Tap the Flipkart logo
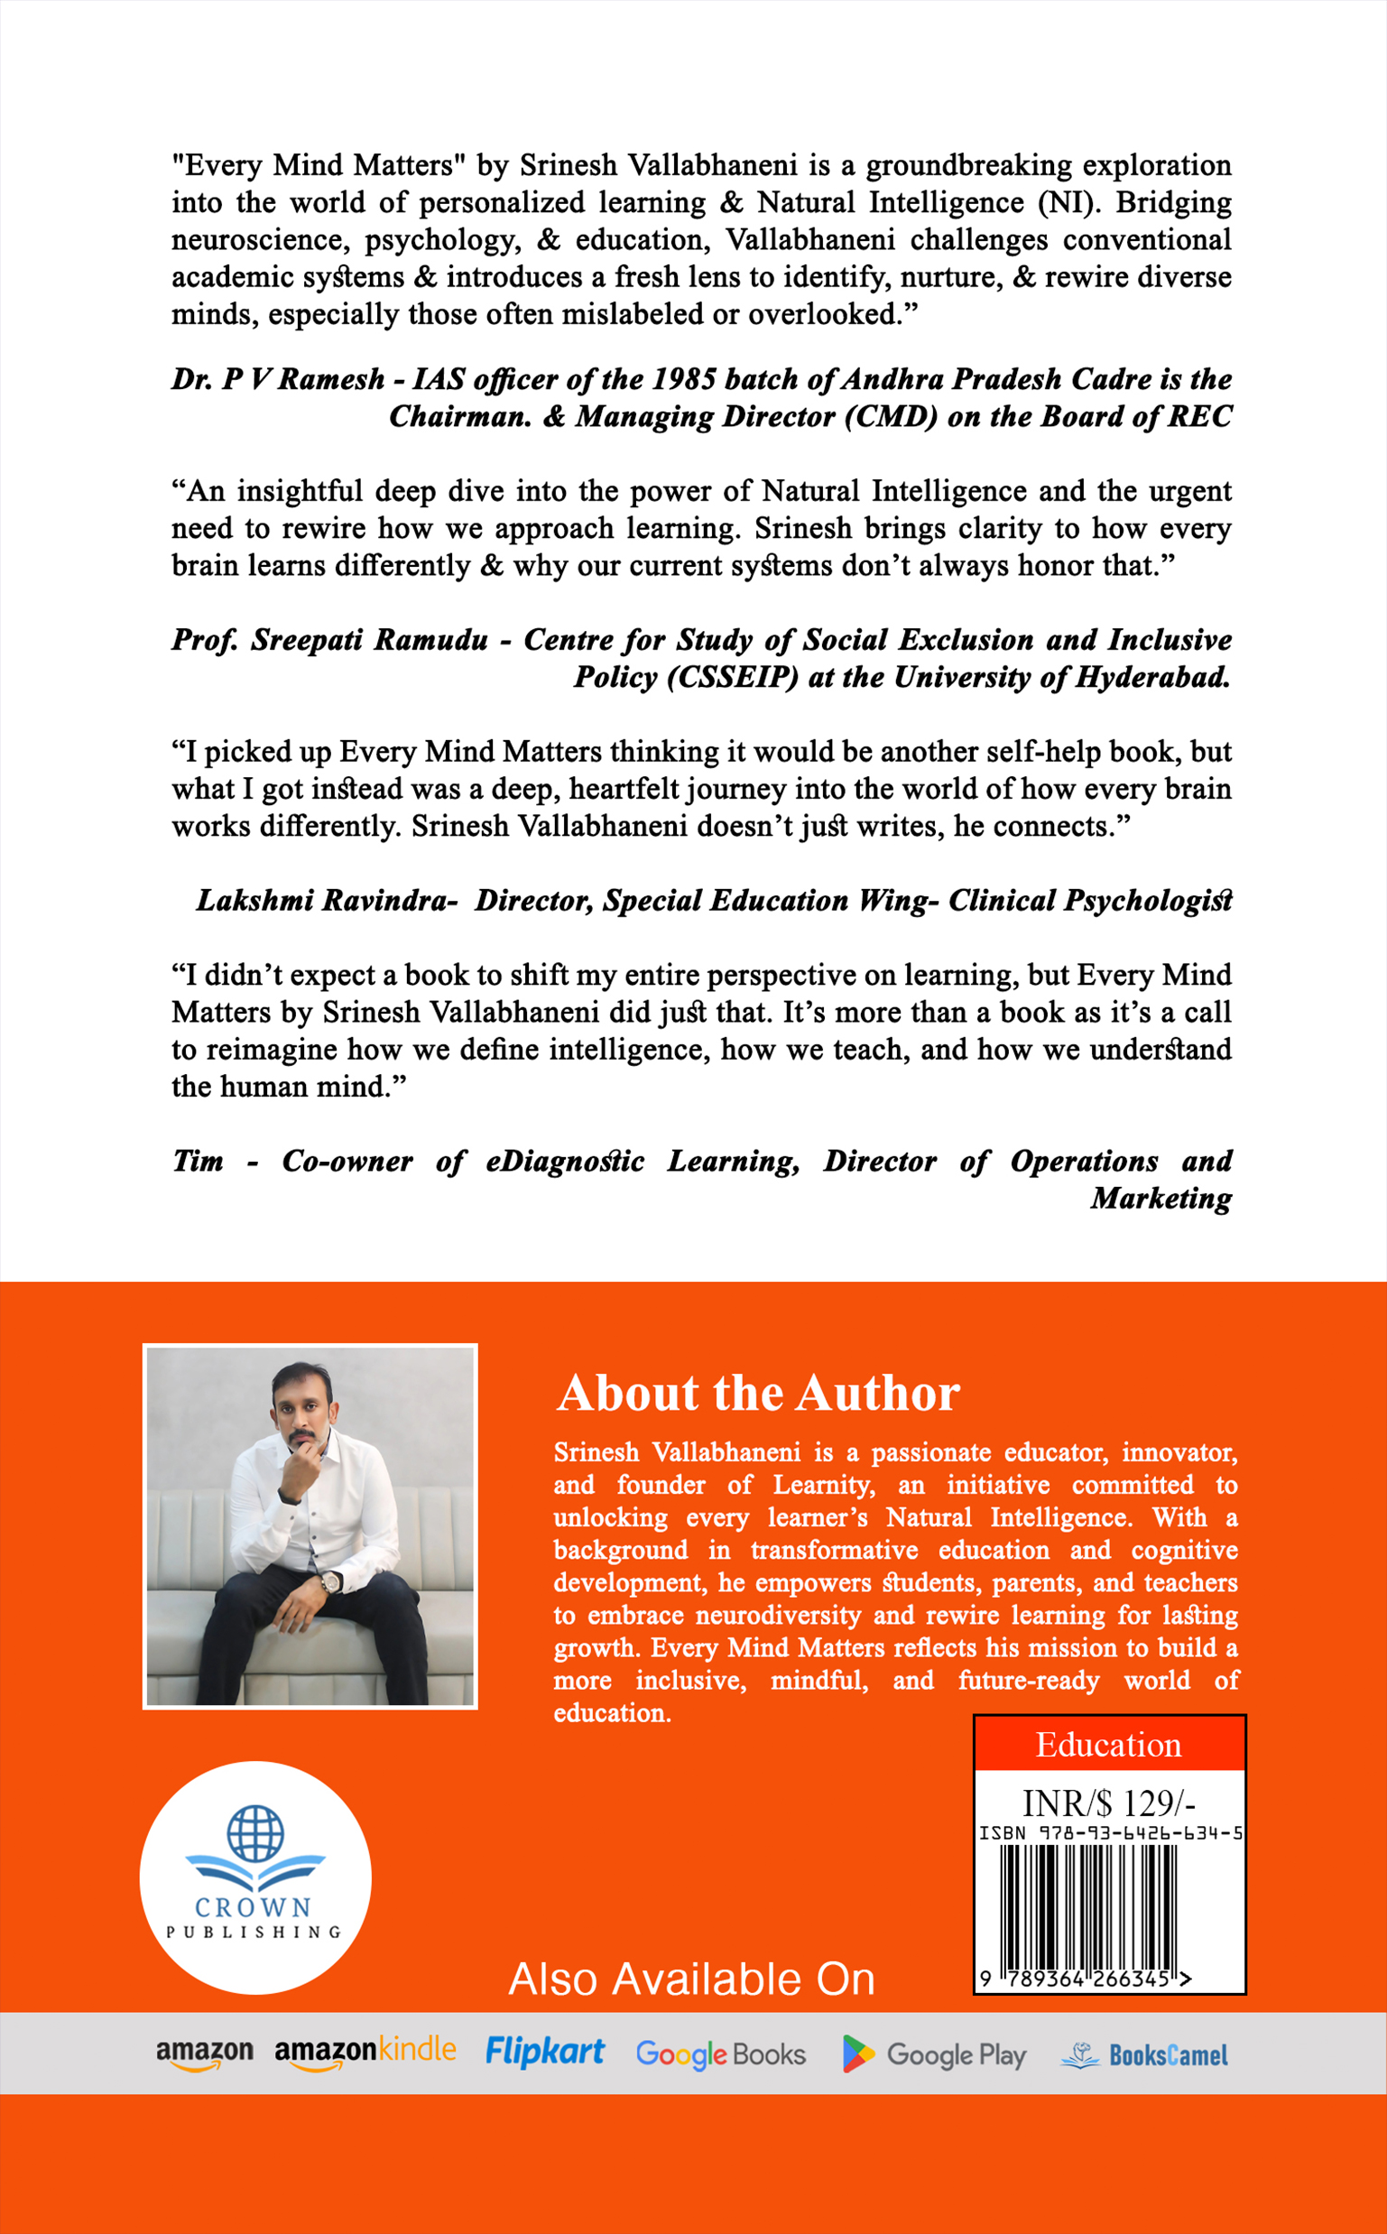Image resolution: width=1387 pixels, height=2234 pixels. pyautogui.click(x=544, y=2052)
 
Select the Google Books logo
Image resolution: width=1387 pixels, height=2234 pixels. pyautogui.click(x=720, y=2054)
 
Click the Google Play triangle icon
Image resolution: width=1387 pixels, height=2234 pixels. pyautogui.click(x=857, y=2054)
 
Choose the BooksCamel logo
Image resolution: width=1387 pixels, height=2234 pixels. pyautogui.click(x=1144, y=2055)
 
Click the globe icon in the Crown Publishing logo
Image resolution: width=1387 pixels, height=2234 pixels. pyautogui.click(x=255, y=1832)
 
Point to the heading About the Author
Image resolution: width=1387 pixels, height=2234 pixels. pyautogui.click(x=758, y=1393)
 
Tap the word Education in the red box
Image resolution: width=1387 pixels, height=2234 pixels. pyautogui.click(x=1108, y=1744)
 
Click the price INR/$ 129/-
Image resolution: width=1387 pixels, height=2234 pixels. pyautogui.click(x=1108, y=1803)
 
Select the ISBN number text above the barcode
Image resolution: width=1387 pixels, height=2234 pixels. pyautogui.click(x=1110, y=1833)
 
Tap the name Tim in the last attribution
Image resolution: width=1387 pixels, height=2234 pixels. pyautogui.click(x=199, y=1161)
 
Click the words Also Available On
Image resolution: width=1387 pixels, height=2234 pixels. pyautogui.click(x=691, y=1979)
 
